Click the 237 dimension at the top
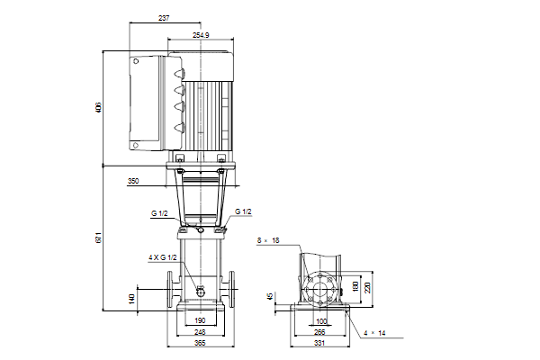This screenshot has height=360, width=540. (x=164, y=18)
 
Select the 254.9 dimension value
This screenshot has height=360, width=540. (x=201, y=35)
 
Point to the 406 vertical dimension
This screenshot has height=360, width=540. (x=98, y=107)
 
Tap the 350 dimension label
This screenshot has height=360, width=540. (x=133, y=181)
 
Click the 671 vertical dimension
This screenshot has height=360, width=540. (x=98, y=238)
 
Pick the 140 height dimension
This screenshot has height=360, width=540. (x=131, y=299)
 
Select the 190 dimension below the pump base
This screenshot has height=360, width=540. (x=200, y=320)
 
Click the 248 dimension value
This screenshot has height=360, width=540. (x=200, y=332)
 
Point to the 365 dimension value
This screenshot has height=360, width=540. (x=200, y=343)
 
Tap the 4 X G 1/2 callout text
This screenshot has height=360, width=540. (x=163, y=257)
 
